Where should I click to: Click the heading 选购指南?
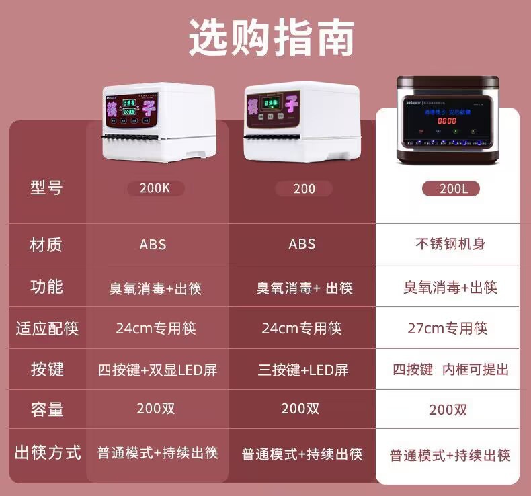pos(272,38)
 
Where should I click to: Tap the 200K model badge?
pos(155,188)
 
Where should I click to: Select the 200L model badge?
pos(450,189)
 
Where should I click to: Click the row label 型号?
pos(46,188)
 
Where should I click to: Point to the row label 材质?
pos(46,244)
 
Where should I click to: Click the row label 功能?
pos(46,287)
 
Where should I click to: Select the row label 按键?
pos(46,369)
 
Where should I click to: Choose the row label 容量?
pos(46,410)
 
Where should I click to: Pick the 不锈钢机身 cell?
pos(450,244)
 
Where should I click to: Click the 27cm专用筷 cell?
pos(448,329)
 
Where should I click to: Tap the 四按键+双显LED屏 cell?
pos(157,370)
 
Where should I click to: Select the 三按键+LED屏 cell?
pos(302,370)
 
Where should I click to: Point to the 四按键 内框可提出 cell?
pos(450,370)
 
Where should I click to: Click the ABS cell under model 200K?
pos(153,244)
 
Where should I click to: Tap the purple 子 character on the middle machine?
pos(292,105)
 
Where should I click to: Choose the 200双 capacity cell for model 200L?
pos(448,410)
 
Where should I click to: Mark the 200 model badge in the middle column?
pos(304,189)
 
